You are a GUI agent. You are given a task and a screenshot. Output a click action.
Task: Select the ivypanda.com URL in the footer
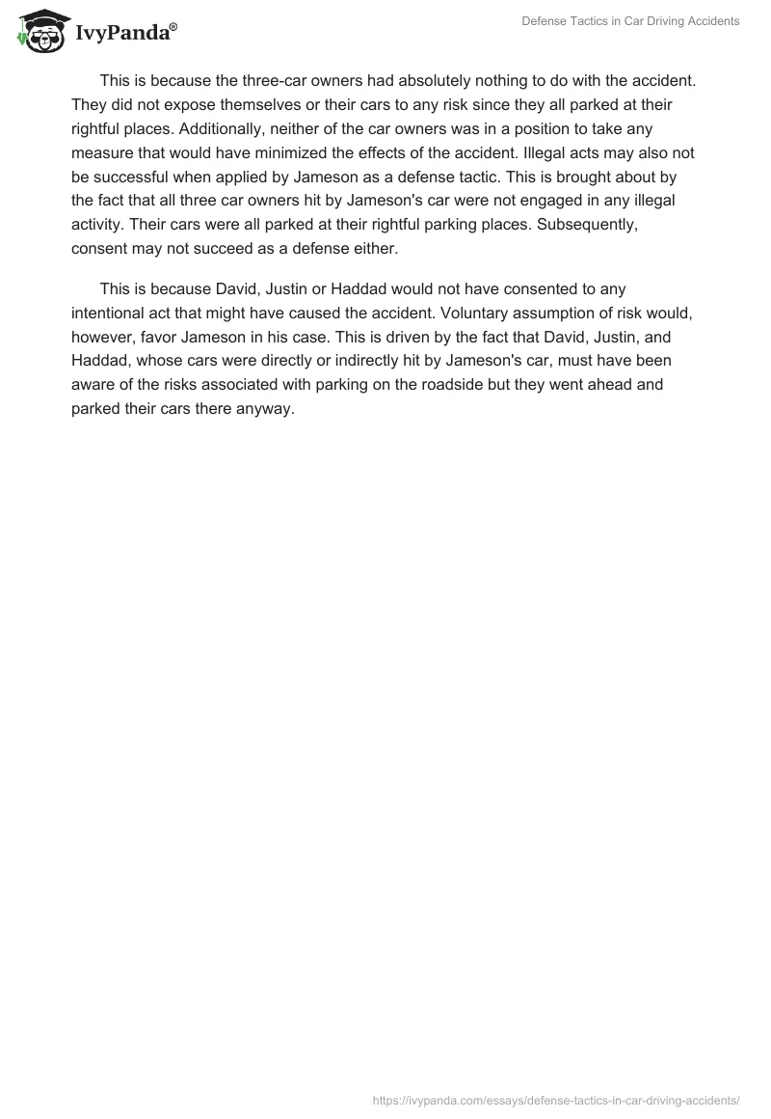click(x=557, y=1099)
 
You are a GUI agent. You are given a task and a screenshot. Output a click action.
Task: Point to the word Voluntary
click(x=491, y=312)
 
